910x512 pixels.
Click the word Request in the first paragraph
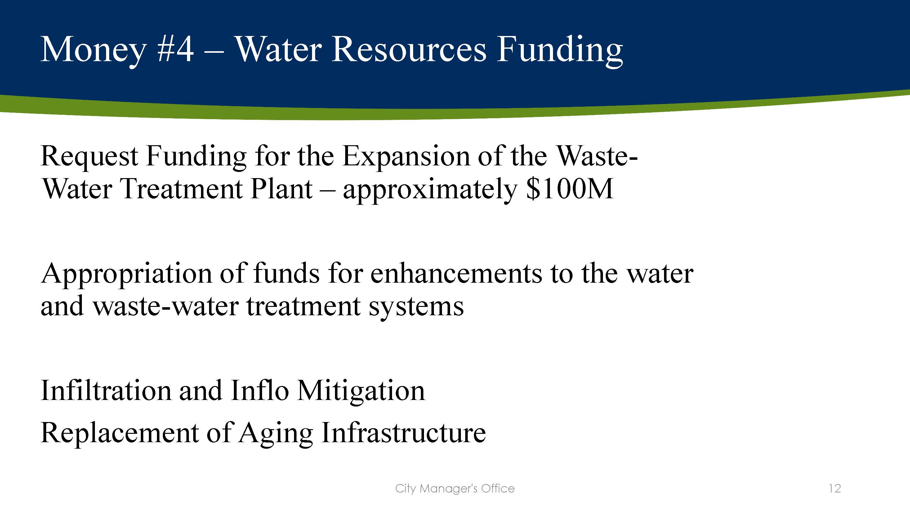89,156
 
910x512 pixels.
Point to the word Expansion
406,156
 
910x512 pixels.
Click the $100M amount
569,189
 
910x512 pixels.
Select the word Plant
281,189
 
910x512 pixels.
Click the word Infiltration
106,391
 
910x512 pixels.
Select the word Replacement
119,433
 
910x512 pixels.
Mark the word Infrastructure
404,433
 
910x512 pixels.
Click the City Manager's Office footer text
455,489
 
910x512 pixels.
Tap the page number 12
835,489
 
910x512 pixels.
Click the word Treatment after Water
181,189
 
